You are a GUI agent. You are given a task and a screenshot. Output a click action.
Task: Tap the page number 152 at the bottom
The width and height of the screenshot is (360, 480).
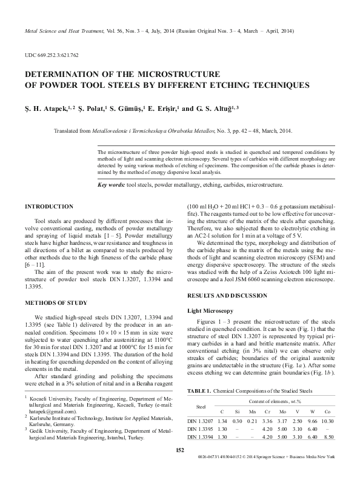click(180, 466)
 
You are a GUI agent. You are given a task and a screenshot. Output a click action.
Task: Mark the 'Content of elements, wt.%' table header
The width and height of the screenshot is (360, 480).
click(279, 401)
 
